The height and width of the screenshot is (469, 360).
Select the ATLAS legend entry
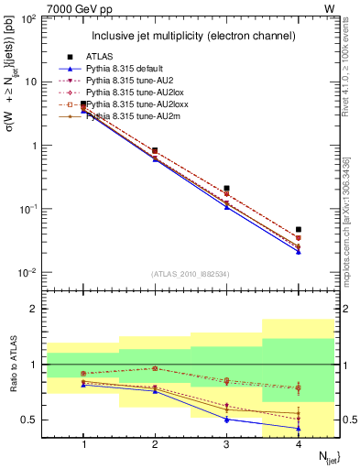pos(99,57)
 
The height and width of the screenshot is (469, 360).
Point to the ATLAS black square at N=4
pos(299,229)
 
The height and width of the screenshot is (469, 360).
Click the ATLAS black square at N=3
pos(226,189)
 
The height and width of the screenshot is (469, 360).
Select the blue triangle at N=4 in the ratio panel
pos(299,428)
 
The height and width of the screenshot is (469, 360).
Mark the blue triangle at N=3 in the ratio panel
pos(226,420)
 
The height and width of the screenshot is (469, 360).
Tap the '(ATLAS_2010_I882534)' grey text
pos(191,274)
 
